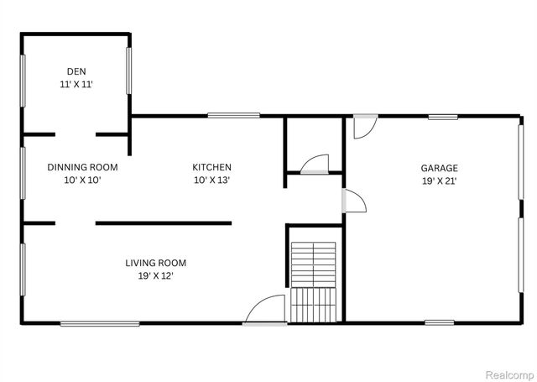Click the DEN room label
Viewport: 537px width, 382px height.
(77, 71)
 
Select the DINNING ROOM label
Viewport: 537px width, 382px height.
(82, 167)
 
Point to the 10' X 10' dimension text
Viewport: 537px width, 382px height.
(82, 181)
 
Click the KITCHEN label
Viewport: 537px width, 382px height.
(211, 167)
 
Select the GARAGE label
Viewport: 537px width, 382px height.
(440, 168)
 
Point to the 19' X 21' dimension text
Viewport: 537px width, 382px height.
(440, 181)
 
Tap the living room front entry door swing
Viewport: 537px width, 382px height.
(262, 311)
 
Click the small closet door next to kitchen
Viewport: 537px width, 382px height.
(315, 163)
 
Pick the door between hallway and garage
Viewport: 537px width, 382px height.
(354, 201)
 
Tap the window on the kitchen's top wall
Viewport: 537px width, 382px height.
(233, 116)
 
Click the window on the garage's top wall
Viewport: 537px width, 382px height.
(441, 117)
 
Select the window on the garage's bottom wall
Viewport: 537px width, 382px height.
(439, 322)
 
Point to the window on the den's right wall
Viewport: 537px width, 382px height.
(129, 71)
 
